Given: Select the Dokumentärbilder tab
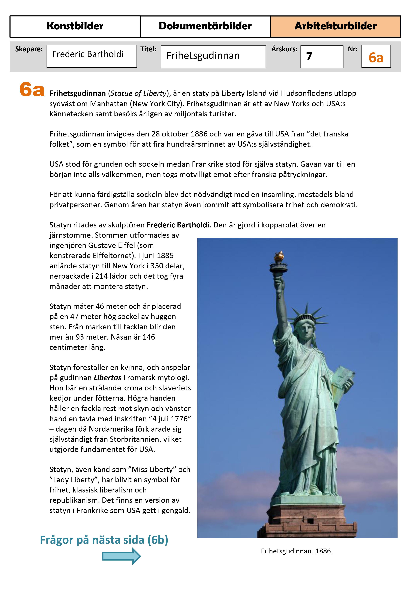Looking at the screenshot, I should pyautogui.click(x=205, y=26).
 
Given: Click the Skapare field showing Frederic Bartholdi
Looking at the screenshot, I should pyautogui.click(x=92, y=56).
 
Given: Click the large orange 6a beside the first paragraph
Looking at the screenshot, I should pyautogui.click(x=32, y=90).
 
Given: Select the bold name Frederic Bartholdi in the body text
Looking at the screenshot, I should pyautogui.click(x=178, y=225).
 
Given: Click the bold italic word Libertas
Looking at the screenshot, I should pyautogui.click(x=107, y=378).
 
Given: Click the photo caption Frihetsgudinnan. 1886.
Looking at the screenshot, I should pyautogui.click(x=297, y=551).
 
